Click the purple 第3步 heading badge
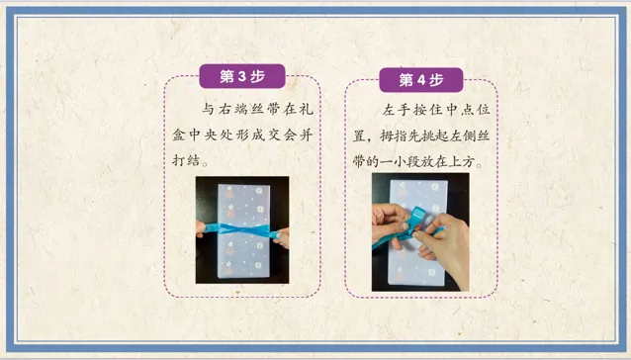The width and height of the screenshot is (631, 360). (x=242, y=76)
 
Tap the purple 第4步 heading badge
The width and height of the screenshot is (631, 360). (x=421, y=80)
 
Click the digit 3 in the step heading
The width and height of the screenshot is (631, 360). (x=242, y=76)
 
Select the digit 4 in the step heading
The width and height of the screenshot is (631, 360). (x=421, y=80)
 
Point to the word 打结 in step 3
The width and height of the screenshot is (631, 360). (x=186, y=159)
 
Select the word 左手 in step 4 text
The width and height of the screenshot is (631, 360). (x=397, y=110)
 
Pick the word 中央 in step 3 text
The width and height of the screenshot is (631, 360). (x=203, y=135)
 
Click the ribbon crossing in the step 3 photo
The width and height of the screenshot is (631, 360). (x=243, y=230)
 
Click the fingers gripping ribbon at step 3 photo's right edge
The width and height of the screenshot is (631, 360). (x=282, y=236)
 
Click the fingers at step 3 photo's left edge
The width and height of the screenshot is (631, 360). (x=200, y=228)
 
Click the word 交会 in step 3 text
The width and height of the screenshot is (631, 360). (x=282, y=135)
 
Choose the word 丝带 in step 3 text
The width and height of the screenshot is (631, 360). (x=266, y=109)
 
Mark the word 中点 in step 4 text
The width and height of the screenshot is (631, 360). (x=460, y=110)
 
